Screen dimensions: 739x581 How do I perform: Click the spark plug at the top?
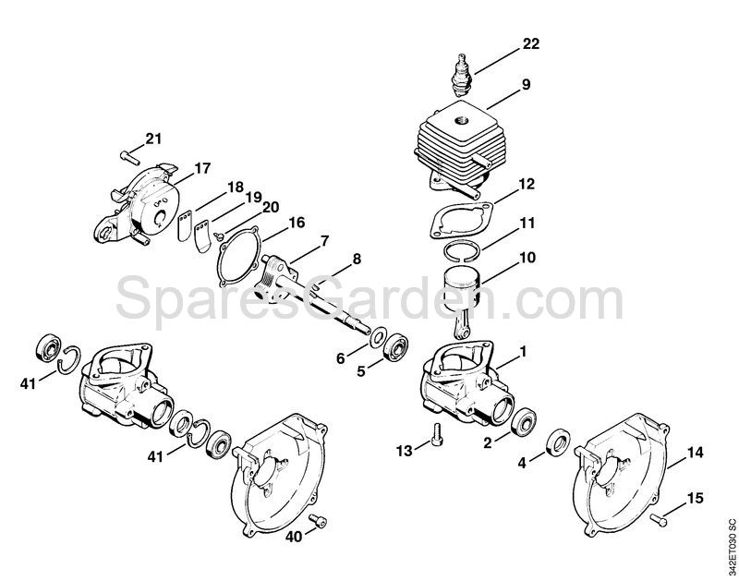pyautogui.click(x=461, y=76)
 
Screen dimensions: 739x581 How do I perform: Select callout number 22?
pyautogui.click(x=530, y=43)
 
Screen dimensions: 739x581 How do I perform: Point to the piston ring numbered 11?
pyautogui.click(x=463, y=250)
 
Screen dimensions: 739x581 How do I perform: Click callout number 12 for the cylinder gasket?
pyautogui.click(x=527, y=184)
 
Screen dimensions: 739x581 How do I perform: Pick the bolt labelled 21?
pyautogui.click(x=130, y=157)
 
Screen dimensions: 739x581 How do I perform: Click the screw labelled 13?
pyautogui.click(x=436, y=433)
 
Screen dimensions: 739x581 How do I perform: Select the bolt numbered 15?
pyautogui.click(x=659, y=519)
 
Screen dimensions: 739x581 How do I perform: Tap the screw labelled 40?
pyautogui.click(x=318, y=521)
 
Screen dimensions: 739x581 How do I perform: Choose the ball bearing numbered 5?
pyautogui.click(x=395, y=348)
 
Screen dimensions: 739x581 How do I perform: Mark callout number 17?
pyautogui.click(x=202, y=168)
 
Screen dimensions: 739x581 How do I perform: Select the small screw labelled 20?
pyautogui.click(x=218, y=236)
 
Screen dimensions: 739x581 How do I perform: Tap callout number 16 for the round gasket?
pyautogui.click(x=297, y=223)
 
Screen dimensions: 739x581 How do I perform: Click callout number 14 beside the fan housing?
pyautogui.click(x=695, y=453)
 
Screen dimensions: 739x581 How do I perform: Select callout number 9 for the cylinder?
pyautogui.click(x=526, y=84)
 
